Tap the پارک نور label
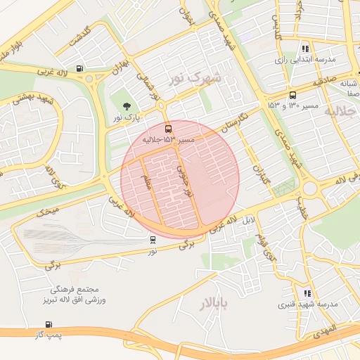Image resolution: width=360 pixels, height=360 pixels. pos(128,117)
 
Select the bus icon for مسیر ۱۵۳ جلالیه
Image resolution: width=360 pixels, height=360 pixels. pos(167,129)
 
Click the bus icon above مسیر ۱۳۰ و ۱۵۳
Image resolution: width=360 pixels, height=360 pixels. pos(292,95)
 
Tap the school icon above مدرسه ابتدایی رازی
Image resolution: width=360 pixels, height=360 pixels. pos(304,49)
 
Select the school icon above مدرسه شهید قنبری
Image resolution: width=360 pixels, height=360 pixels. pos(307,293)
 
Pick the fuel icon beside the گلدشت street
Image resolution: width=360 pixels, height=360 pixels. pos(79,68)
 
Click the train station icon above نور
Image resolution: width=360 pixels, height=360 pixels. pos(153,239)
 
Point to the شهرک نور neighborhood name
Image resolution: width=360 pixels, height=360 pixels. pos(196,77)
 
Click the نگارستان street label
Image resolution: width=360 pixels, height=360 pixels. pos(233,119)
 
